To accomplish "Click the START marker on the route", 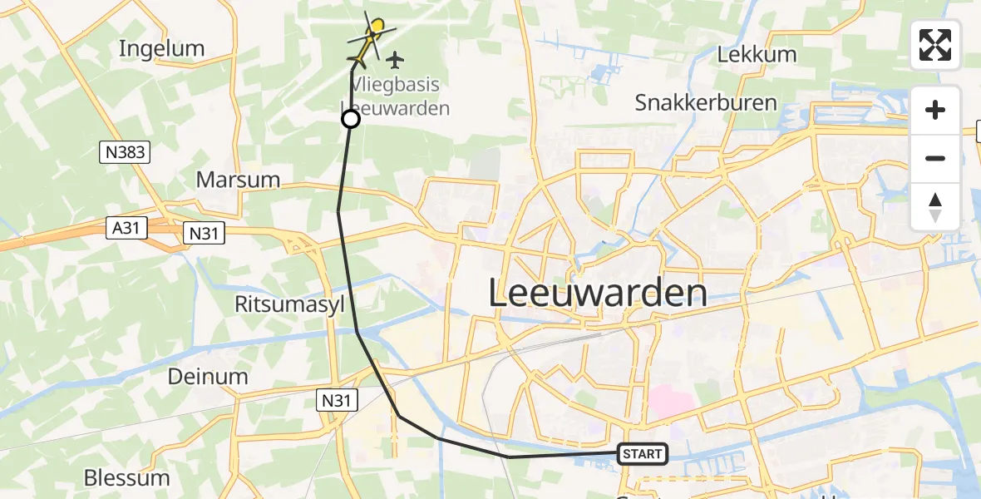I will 642,453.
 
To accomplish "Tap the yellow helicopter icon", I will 367,42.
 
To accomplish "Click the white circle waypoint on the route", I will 351,120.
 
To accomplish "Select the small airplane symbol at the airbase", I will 394,60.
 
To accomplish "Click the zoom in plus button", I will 935,110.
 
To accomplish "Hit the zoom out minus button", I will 935,158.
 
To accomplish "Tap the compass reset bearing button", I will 935,206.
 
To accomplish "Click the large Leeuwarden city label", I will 597,294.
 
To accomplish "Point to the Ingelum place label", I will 161,48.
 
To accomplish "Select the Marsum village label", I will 238,180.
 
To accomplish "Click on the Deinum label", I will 208,377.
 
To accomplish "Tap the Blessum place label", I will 127,478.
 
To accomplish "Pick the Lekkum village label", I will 757,55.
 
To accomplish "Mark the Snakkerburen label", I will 706,103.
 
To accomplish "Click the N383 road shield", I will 124,151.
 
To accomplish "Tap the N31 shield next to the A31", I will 203,234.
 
